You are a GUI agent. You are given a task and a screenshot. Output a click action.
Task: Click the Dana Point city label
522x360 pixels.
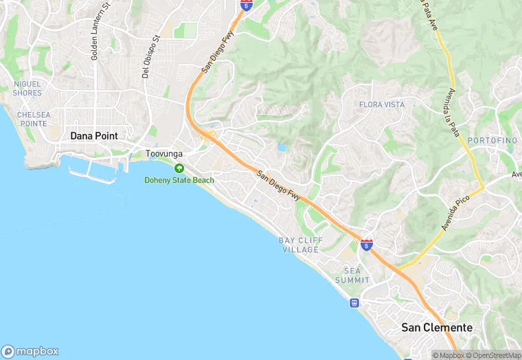(x=94, y=136)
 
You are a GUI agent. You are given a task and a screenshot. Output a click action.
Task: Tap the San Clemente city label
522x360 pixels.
(x=437, y=328)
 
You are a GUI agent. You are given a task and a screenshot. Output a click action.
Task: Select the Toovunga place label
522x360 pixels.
(x=163, y=155)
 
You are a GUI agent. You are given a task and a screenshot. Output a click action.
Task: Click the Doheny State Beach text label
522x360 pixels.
(x=179, y=180)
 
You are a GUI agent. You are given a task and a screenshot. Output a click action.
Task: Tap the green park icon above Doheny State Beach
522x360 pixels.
(x=179, y=168)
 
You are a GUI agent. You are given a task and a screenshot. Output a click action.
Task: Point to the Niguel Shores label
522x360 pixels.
(x=27, y=88)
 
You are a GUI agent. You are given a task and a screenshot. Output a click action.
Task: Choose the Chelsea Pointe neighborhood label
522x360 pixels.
(x=33, y=119)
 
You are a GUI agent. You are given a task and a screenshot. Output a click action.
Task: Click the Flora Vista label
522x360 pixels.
(x=382, y=104)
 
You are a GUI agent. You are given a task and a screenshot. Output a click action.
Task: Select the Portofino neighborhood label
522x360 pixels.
(x=492, y=140)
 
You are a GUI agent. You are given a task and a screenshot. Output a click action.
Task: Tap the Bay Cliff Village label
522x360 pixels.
(x=299, y=245)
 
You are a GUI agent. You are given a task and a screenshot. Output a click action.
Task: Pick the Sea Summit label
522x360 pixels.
(x=352, y=275)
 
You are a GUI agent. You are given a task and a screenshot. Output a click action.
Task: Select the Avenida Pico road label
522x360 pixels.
(x=454, y=212)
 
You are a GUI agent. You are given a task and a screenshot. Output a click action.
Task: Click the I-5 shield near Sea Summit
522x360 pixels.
(x=367, y=245)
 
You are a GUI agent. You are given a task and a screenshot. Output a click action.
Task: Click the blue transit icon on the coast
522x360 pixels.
(x=354, y=302)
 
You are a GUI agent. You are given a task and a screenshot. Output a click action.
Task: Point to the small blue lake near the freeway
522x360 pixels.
(x=282, y=147)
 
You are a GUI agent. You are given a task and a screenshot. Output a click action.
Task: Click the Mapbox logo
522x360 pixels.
(x=30, y=351)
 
